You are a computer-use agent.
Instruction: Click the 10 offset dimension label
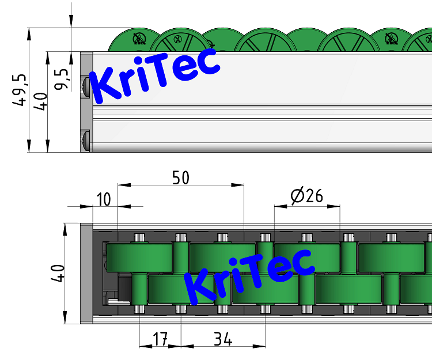[103, 199]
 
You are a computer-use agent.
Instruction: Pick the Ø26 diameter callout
[307, 196]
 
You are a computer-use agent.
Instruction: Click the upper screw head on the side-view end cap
[86, 86]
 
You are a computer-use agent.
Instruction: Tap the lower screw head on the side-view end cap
[86, 141]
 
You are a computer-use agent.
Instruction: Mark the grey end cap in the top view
[86, 273]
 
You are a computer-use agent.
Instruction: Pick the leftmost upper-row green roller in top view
[139, 257]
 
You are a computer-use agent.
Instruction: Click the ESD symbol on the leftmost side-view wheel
[138, 39]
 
